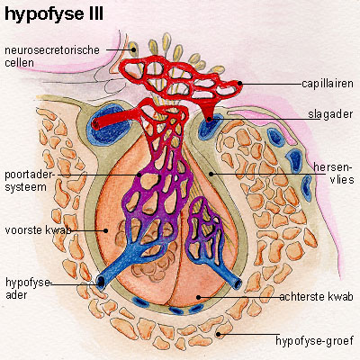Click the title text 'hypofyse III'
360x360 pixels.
pyautogui.click(x=54, y=14)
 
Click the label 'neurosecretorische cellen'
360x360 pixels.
pyautogui.click(x=52, y=56)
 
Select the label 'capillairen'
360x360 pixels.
pyautogui.click(x=328, y=84)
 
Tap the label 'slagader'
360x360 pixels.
pyautogui.click(x=330, y=114)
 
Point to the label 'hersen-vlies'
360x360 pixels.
pyautogui.click(x=334, y=173)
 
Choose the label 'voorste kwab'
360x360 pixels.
pyautogui.click(x=39, y=230)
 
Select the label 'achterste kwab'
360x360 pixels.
pyautogui.click(x=316, y=297)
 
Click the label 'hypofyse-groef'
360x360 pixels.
pyautogui.click(x=314, y=341)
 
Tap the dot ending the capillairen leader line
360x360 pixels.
pyautogui.click(x=239, y=83)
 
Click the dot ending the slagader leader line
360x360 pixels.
pyautogui.click(x=210, y=119)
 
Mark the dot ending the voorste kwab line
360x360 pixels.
pyautogui.click(x=105, y=230)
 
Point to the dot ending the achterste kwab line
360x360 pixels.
pyautogui.click(x=198, y=297)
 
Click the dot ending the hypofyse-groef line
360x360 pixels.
pyautogui.click(x=219, y=334)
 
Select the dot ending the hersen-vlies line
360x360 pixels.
pyautogui.click(x=211, y=174)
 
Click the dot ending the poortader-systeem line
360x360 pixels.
pyautogui.click(x=139, y=175)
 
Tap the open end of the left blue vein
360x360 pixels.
pyautogui.click(x=101, y=283)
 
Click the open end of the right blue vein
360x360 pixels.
pyautogui.click(x=238, y=283)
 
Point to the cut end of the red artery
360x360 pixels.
pyautogui.click(x=96, y=123)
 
